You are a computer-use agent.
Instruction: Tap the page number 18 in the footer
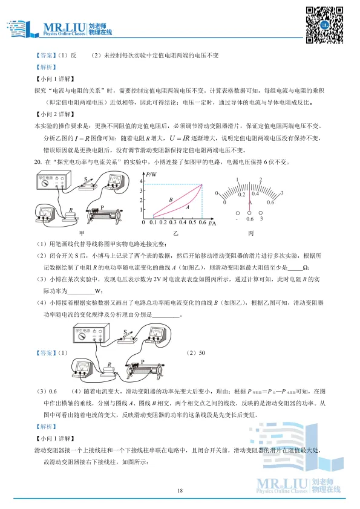tap(180, 490)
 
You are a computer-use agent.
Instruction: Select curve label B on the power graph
tap(171, 199)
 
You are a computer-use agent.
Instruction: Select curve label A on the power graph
tap(187, 207)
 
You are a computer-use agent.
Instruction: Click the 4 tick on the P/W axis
tap(140, 181)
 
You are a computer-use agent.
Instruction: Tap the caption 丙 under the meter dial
tap(250, 233)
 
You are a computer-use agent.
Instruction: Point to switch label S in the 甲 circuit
tap(86, 178)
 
